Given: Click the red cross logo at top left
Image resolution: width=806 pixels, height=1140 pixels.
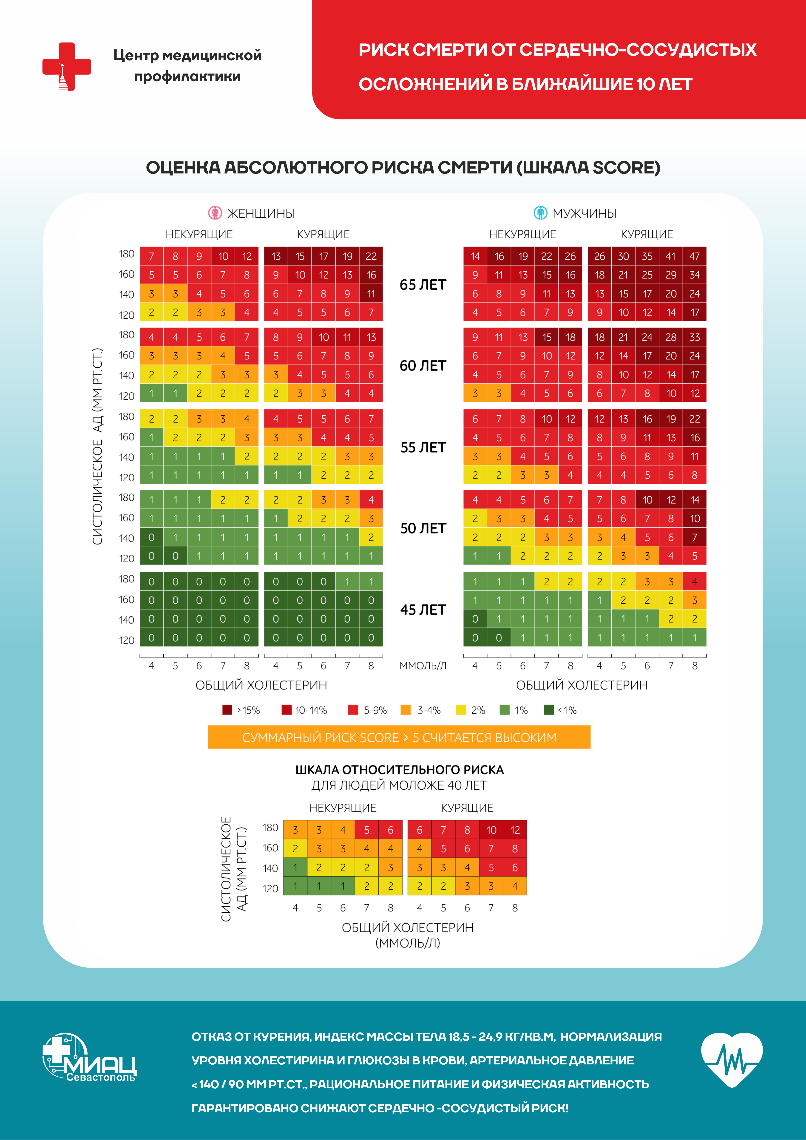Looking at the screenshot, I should point(67,67).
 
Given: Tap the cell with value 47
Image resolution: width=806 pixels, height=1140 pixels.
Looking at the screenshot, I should point(694,256).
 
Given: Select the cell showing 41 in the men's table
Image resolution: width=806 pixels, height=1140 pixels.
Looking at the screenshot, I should point(670,256).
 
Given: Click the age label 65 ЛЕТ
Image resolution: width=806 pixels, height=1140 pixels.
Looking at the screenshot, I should point(423,285).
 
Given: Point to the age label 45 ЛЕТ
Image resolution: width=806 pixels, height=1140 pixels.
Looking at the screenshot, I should point(423,610).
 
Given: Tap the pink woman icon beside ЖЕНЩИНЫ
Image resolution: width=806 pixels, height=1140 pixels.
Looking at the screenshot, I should point(215,213).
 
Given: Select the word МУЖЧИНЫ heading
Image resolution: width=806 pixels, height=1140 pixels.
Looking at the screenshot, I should point(585,213).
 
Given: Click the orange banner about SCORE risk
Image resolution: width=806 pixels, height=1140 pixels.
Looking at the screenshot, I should point(399,737).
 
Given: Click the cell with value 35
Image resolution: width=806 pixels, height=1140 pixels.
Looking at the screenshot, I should point(647,256).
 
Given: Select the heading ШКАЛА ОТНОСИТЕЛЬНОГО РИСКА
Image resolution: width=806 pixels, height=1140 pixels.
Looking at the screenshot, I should point(399,770).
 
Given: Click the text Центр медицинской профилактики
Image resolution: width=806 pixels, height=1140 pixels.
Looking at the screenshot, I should point(187,65).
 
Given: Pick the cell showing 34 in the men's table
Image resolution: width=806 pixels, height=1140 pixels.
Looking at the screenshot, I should point(694,275).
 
